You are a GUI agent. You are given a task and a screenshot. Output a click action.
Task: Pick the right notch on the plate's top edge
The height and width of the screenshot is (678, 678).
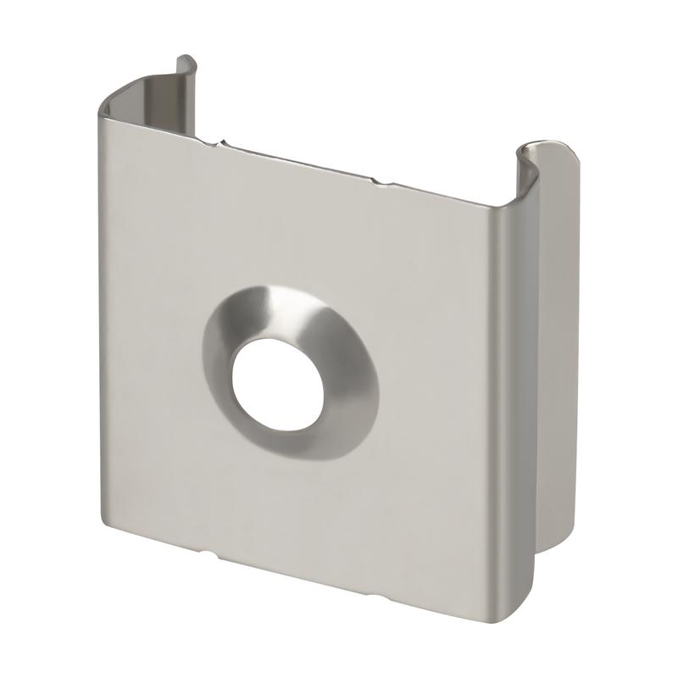(375, 180)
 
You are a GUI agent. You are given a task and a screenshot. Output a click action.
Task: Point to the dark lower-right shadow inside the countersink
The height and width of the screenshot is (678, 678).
(339, 424)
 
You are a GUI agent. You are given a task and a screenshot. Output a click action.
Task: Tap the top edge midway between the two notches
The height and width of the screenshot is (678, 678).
(297, 162)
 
